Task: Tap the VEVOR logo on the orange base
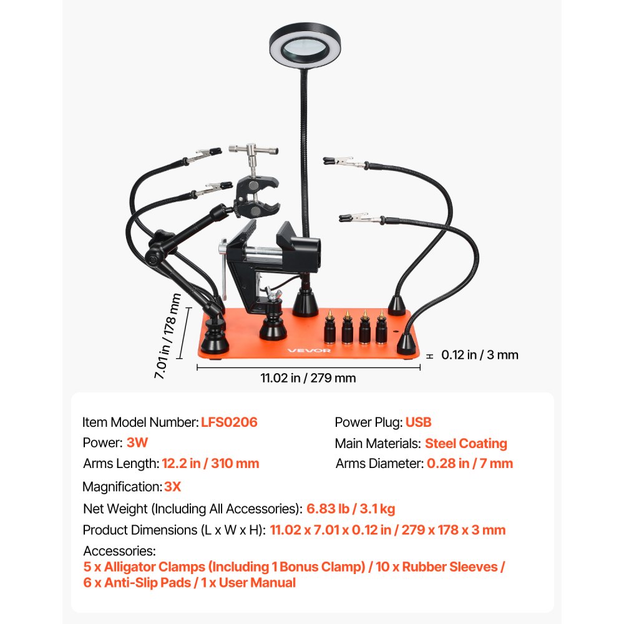tap(310, 350)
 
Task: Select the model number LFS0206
tap(229, 422)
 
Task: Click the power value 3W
tap(137, 443)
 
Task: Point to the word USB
tap(418, 422)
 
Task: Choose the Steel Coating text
tap(466, 444)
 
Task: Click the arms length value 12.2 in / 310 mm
tap(210, 464)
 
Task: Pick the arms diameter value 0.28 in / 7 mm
tap(469, 464)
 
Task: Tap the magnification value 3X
tap(172, 486)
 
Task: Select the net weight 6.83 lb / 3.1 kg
tap(351, 509)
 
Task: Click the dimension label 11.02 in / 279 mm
tap(308, 378)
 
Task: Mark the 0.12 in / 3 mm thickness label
tap(480, 355)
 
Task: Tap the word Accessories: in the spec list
tap(119, 552)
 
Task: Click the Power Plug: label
tap(368, 422)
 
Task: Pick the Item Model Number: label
tap(140, 422)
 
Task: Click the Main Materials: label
tap(377, 444)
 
